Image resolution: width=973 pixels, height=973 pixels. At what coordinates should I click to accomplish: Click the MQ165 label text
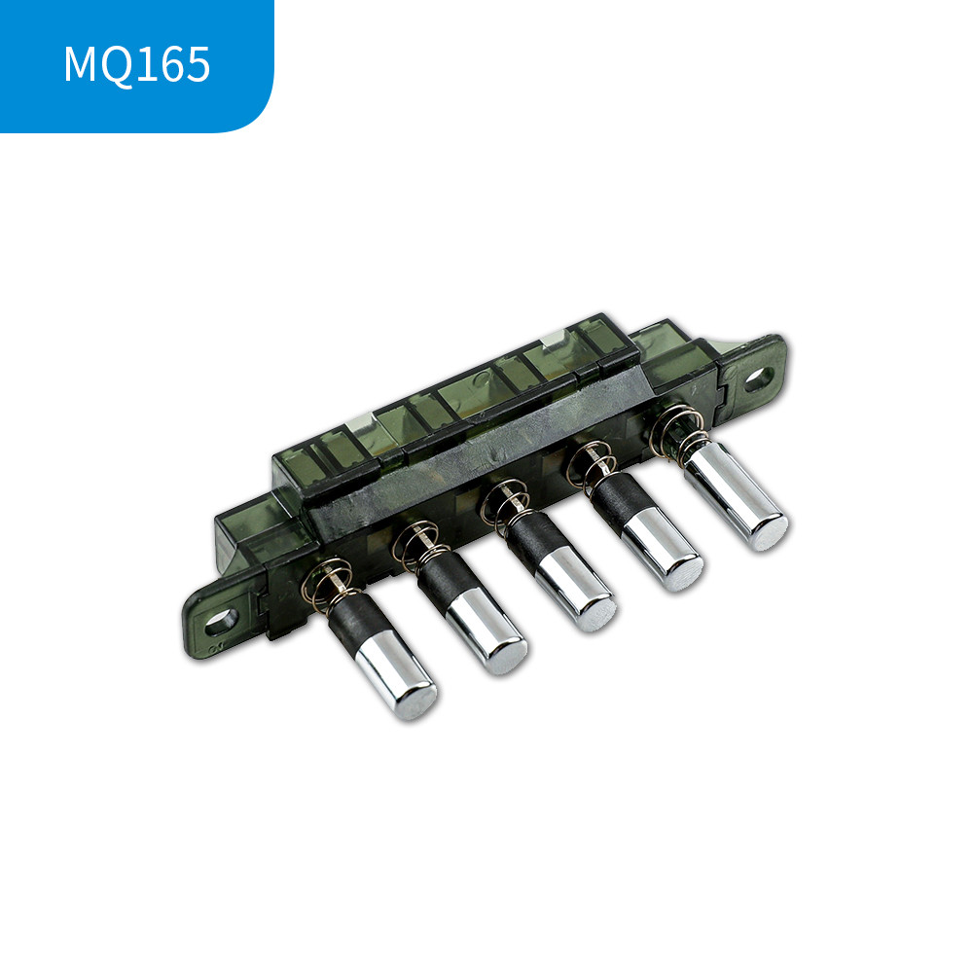[137, 64]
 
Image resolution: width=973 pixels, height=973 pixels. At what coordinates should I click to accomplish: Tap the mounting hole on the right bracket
[758, 379]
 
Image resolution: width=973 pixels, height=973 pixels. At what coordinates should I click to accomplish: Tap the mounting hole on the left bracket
[221, 621]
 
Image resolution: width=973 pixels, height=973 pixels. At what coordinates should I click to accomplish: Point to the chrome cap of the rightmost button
[737, 496]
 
